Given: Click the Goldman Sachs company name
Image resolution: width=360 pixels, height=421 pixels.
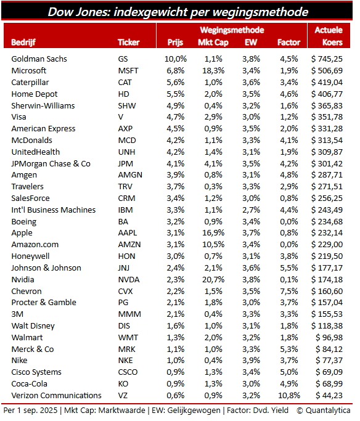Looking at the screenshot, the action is [x=39, y=59].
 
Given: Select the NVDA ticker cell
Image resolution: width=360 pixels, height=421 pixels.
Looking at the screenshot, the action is [x=129, y=280].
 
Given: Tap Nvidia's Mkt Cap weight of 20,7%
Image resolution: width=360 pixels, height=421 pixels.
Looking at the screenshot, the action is [x=213, y=280].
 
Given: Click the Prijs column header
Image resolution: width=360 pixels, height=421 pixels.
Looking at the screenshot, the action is [x=175, y=43].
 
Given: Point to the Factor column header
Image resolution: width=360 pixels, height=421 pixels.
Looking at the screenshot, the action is [x=289, y=43].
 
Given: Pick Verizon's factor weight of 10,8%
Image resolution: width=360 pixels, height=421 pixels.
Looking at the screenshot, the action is [x=289, y=396].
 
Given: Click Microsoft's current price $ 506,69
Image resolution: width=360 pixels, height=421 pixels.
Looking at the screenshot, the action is [x=327, y=71].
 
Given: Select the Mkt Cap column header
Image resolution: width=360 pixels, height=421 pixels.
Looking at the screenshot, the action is [x=213, y=43].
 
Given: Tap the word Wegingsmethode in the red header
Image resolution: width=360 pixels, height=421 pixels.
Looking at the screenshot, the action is [x=232, y=30].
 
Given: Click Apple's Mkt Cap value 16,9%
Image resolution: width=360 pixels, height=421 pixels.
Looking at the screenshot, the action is [x=213, y=233].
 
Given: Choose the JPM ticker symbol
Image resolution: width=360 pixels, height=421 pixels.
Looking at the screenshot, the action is [x=126, y=164].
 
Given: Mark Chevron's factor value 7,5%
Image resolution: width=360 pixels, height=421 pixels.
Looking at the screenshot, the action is [x=289, y=292].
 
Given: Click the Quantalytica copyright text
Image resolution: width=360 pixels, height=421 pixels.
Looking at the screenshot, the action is [x=324, y=411].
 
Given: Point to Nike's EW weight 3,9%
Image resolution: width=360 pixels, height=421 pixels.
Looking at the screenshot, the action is [x=252, y=361].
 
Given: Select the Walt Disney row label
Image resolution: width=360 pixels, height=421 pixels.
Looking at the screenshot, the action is [x=33, y=326].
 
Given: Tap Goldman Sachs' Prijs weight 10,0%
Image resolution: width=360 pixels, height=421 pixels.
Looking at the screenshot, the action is [x=176, y=59].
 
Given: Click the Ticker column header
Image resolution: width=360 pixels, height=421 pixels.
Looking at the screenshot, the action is [x=129, y=43].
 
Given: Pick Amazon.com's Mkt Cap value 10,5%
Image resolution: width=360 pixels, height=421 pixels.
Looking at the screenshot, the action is [x=213, y=245].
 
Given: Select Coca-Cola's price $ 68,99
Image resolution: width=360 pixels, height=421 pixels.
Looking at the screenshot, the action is [x=329, y=383].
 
